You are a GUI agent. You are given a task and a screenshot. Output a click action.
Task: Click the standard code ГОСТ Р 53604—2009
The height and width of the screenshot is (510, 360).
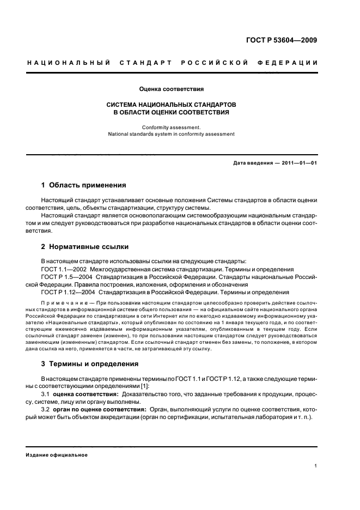(x=282, y=40)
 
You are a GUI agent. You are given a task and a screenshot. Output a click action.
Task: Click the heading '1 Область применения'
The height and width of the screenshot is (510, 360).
(x=84, y=185)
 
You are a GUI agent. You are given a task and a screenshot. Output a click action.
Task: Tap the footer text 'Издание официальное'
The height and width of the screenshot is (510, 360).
(x=57, y=456)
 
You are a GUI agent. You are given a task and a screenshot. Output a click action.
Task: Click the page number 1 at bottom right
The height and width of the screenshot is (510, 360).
(x=316, y=466)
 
